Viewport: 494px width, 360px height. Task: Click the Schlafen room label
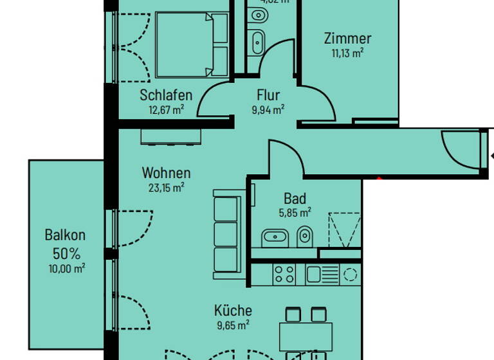166,96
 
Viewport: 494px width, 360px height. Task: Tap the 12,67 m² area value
166,109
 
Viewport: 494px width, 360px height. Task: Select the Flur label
268,96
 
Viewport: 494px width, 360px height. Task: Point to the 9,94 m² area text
268,109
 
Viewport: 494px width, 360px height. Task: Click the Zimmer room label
347,39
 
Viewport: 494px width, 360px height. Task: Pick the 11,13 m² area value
347,53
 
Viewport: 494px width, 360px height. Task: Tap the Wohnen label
166,173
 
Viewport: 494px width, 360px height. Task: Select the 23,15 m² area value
166,187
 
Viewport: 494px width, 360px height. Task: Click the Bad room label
295,198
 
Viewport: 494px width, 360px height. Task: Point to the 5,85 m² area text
295,211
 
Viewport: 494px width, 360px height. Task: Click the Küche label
233,311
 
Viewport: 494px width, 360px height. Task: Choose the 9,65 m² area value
233,325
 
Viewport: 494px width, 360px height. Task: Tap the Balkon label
65,235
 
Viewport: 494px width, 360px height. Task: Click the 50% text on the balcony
65,253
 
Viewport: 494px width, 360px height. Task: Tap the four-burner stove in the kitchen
284,274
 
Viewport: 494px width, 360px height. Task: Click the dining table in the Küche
306,335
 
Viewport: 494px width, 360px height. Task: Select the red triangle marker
380,179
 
